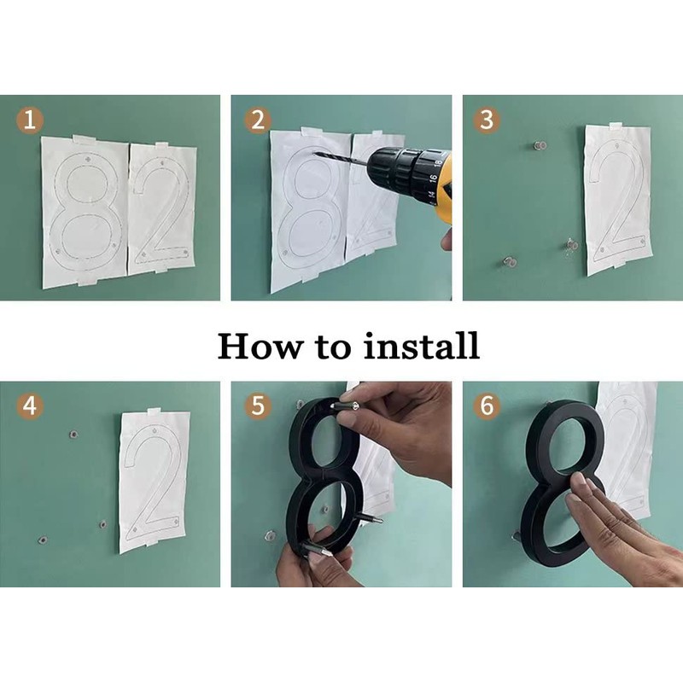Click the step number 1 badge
click(x=30, y=120)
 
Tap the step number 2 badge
click(x=258, y=120)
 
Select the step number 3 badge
click(x=487, y=120)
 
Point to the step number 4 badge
click(x=30, y=406)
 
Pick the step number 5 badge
click(x=258, y=406)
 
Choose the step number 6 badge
click(x=487, y=406)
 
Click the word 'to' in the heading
click(x=333, y=347)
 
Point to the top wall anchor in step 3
click(x=540, y=145)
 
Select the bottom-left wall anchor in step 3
click(x=509, y=262)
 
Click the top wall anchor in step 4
click(x=73, y=435)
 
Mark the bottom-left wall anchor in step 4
click(x=44, y=540)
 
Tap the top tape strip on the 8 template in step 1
click(x=85, y=139)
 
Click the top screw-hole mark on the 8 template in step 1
click(x=89, y=160)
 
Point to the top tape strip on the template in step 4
click(x=155, y=412)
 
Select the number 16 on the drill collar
click(x=432, y=178)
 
